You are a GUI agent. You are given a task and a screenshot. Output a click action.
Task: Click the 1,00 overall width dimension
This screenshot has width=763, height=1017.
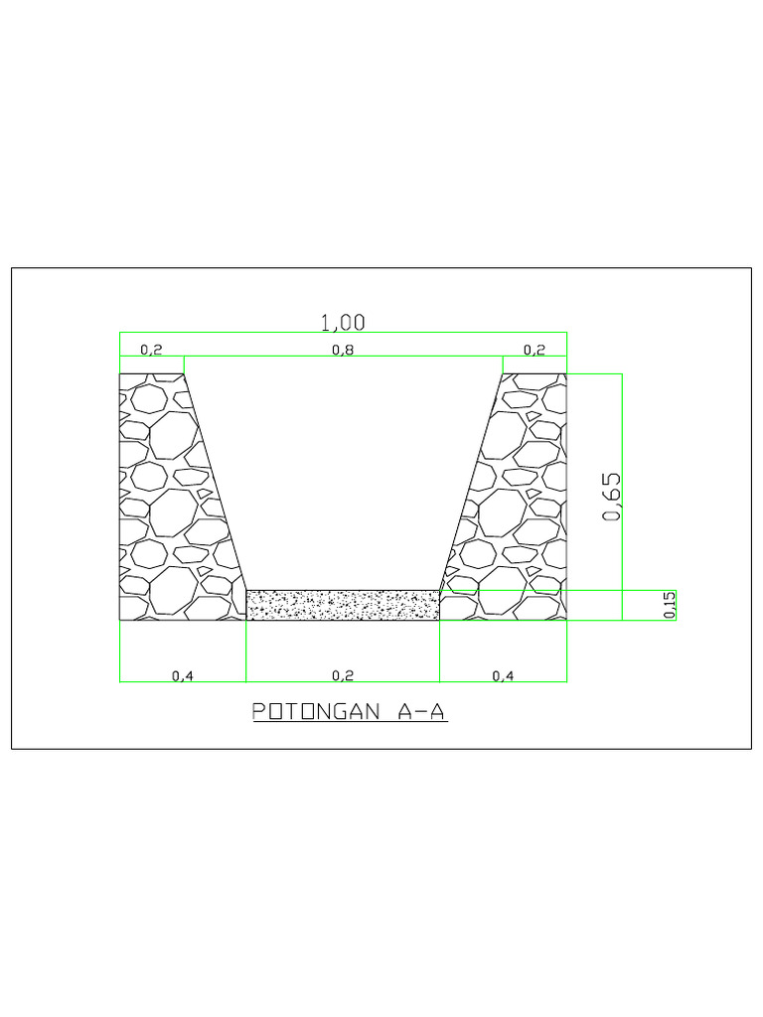click(x=343, y=322)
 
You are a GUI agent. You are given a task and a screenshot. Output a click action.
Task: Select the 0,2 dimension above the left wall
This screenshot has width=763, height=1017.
click(x=151, y=350)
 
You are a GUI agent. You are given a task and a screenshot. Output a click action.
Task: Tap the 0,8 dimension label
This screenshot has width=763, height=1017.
click(x=343, y=350)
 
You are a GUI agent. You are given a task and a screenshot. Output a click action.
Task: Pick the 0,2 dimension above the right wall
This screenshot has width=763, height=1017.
click(x=534, y=350)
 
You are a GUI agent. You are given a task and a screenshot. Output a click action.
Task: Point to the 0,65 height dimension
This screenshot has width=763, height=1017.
click(x=612, y=496)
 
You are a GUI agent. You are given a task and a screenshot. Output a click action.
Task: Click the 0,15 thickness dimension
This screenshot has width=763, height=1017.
click(x=670, y=605)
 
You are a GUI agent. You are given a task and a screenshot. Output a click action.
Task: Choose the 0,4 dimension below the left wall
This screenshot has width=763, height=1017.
click(x=183, y=675)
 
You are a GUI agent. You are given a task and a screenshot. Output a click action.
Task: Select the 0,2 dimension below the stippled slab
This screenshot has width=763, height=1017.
click(x=343, y=675)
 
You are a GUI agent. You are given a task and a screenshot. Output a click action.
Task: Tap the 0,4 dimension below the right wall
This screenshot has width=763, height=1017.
click(x=504, y=675)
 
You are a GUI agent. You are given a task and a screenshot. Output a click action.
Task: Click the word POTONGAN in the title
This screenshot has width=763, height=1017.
click(x=312, y=712)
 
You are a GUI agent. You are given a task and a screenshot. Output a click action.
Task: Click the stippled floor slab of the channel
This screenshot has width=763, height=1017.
click(x=343, y=605)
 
